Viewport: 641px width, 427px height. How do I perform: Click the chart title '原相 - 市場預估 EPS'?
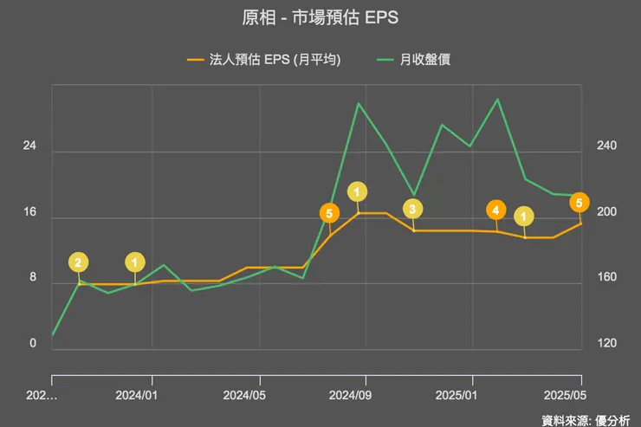click(x=320, y=18)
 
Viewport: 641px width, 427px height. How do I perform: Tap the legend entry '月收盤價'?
click(x=424, y=60)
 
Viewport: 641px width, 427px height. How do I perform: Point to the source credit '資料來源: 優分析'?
click(x=586, y=420)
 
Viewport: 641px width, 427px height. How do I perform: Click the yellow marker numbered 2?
click(x=78, y=262)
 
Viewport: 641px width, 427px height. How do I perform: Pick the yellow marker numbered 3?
click(x=413, y=209)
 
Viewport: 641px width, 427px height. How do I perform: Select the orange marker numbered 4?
click(x=495, y=210)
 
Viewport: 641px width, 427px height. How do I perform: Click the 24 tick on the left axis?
click(x=29, y=146)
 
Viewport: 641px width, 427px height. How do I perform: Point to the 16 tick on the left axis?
click(x=29, y=212)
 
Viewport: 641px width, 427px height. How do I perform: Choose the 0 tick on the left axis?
click(x=33, y=344)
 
